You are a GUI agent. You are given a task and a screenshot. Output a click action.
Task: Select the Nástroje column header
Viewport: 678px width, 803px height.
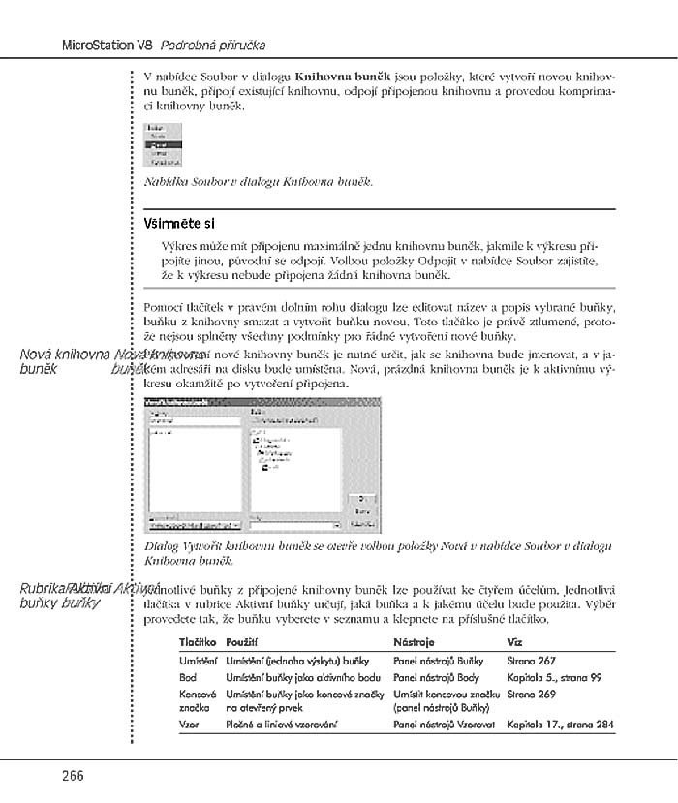[x=415, y=642]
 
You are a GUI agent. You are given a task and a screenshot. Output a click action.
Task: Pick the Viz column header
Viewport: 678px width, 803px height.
[x=516, y=642]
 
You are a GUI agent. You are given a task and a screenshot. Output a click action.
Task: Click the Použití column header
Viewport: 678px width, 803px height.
[x=242, y=642]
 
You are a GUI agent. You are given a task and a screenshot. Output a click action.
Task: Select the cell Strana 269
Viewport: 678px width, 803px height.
[x=531, y=695]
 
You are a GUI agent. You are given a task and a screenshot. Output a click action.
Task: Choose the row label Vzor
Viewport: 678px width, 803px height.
[x=189, y=724]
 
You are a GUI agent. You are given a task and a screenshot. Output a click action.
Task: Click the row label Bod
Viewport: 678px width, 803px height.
[x=188, y=678]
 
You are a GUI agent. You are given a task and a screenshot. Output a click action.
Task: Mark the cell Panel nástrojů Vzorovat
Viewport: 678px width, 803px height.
[x=445, y=724]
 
